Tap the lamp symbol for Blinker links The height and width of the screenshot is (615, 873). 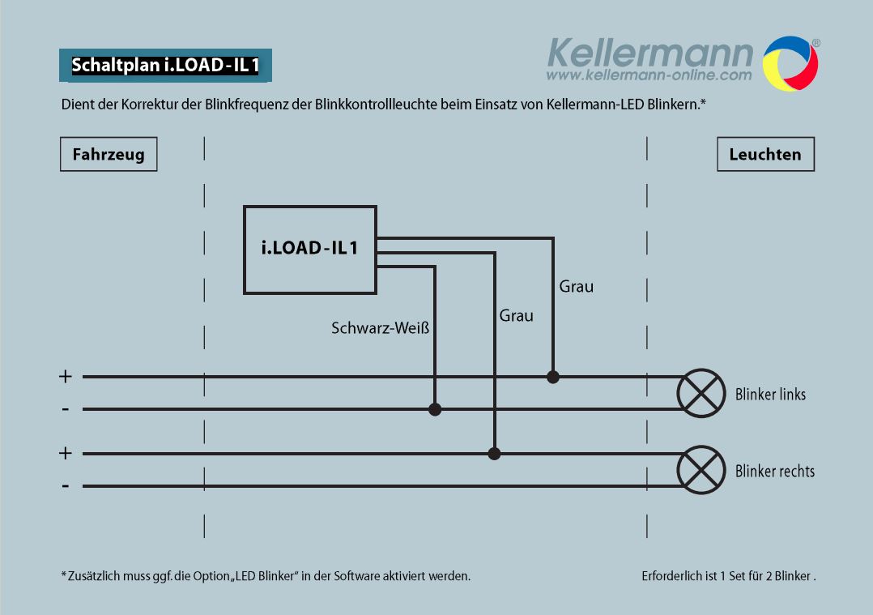click(701, 393)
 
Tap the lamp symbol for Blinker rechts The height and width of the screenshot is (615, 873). click(701, 470)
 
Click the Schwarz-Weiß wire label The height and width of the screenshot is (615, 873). click(381, 328)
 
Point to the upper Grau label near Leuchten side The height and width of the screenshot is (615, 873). click(577, 286)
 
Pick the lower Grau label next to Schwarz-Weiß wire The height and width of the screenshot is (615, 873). click(516, 316)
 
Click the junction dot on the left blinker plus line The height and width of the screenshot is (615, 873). click(553, 377)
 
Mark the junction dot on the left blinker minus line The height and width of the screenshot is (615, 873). click(435, 409)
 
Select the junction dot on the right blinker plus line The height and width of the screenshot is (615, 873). click(494, 454)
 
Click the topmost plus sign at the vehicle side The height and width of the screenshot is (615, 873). click(65, 377)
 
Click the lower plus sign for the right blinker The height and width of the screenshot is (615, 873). click(65, 454)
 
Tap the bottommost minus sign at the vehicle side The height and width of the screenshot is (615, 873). click(66, 486)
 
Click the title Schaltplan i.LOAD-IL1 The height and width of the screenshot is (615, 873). click(165, 65)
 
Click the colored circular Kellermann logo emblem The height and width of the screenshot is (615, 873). click(790, 63)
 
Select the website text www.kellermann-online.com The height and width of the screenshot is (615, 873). click(649, 75)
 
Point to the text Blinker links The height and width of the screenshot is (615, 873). click(771, 395)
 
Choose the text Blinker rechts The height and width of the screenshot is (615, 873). click(775, 472)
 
